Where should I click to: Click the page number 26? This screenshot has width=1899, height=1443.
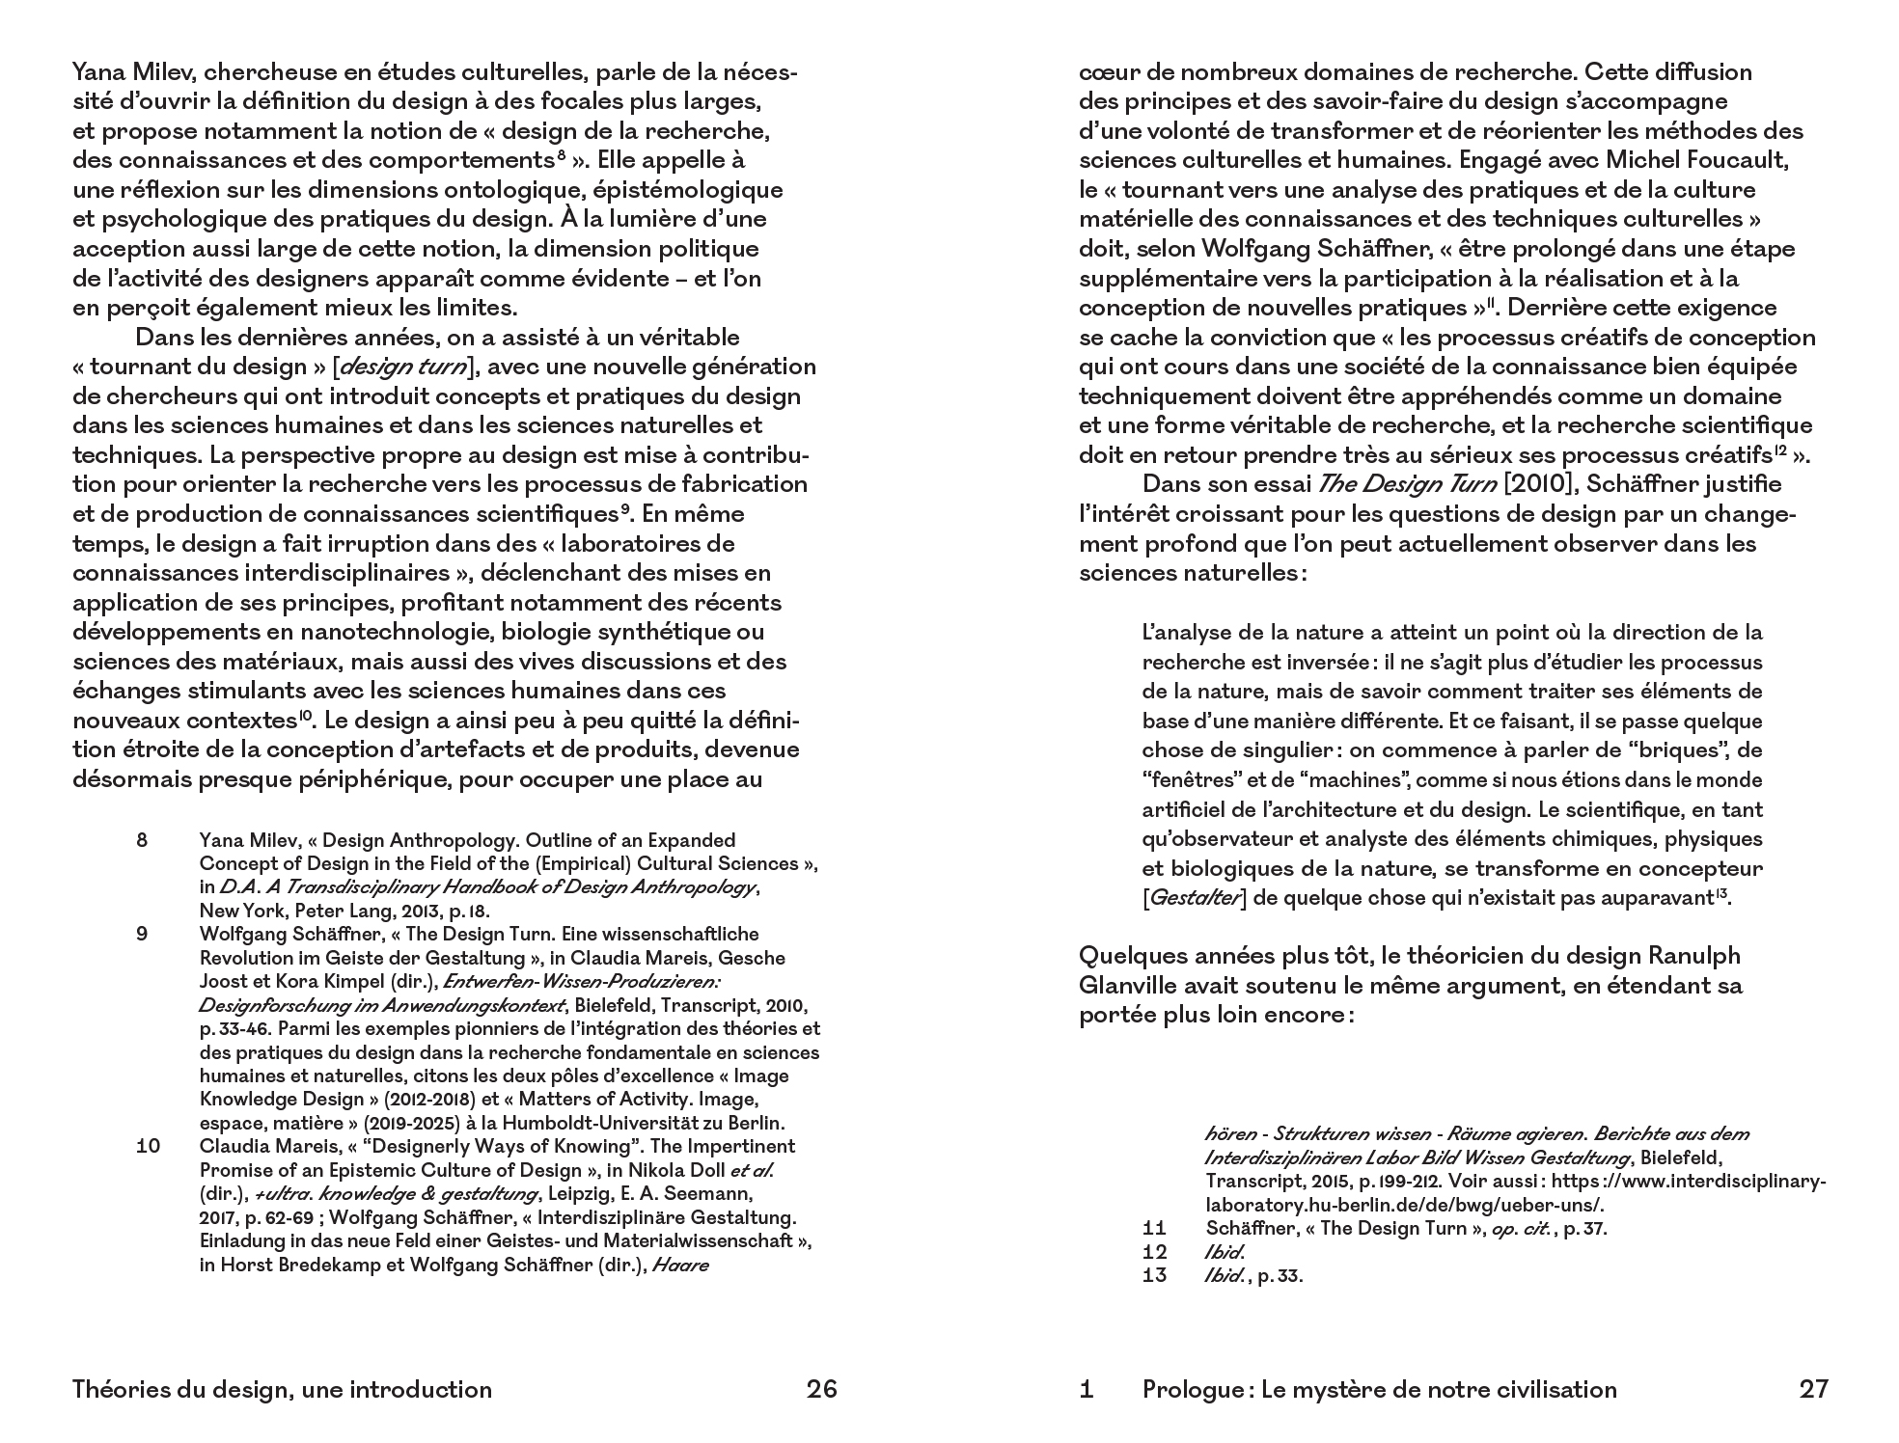[x=821, y=1389]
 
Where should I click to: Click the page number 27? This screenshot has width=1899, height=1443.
[x=1813, y=1389]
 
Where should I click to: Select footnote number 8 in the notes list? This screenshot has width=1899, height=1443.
[x=142, y=840]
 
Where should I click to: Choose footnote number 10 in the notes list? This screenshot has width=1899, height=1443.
[x=148, y=1146]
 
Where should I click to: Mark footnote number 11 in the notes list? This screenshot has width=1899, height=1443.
[x=1154, y=1228]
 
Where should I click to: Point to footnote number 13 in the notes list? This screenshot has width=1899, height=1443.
[x=1154, y=1275]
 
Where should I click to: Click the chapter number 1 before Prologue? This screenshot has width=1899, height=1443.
[x=1087, y=1389]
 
